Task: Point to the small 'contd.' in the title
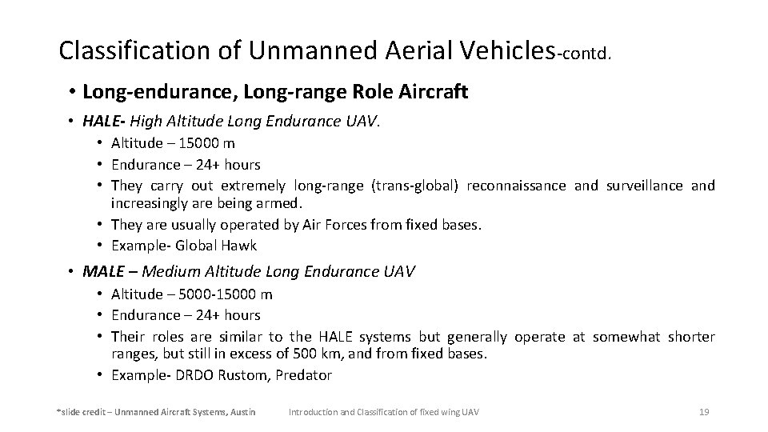pyautogui.click(x=587, y=54)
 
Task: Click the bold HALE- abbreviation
pyautogui.click(x=103, y=122)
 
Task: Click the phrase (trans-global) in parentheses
pyautogui.click(x=415, y=186)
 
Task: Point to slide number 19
pyautogui.click(x=704, y=412)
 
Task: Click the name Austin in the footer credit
pyautogui.click(x=242, y=412)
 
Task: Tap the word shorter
pyautogui.click(x=691, y=337)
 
